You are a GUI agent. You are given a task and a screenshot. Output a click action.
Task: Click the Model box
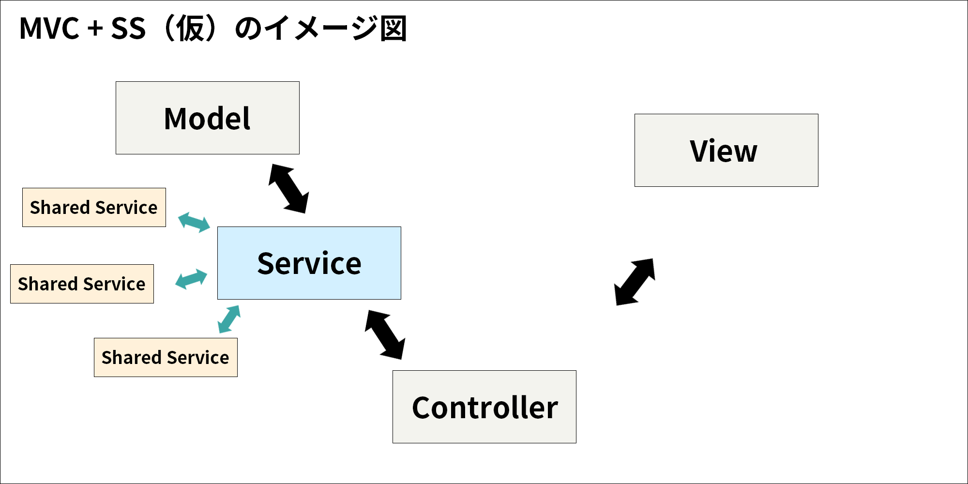[208, 118]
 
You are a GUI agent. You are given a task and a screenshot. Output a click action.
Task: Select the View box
[726, 151]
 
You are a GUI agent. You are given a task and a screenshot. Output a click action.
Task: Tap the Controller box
[484, 407]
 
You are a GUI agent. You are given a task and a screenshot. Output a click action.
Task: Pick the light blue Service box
[309, 263]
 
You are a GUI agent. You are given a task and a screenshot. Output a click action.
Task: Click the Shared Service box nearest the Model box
[94, 207]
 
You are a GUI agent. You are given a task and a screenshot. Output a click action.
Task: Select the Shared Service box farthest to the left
[82, 284]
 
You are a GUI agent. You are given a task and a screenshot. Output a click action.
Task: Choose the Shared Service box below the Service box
[166, 357]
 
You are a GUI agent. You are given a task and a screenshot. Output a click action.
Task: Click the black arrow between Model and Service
[289, 189]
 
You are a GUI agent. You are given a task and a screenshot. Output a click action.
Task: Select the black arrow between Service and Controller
[385, 335]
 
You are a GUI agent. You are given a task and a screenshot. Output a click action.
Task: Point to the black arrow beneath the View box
[635, 282]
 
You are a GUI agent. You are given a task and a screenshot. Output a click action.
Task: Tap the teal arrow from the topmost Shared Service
[194, 222]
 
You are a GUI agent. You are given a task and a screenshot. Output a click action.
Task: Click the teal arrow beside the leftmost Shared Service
[191, 279]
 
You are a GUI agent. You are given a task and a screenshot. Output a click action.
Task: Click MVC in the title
[49, 29]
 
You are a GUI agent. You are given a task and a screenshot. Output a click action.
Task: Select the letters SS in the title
[128, 29]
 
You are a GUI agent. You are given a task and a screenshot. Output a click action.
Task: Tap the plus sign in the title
[95, 29]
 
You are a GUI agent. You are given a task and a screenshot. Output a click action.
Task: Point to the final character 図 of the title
[393, 29]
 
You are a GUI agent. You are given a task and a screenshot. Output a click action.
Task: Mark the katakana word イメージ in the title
[322, 29]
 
